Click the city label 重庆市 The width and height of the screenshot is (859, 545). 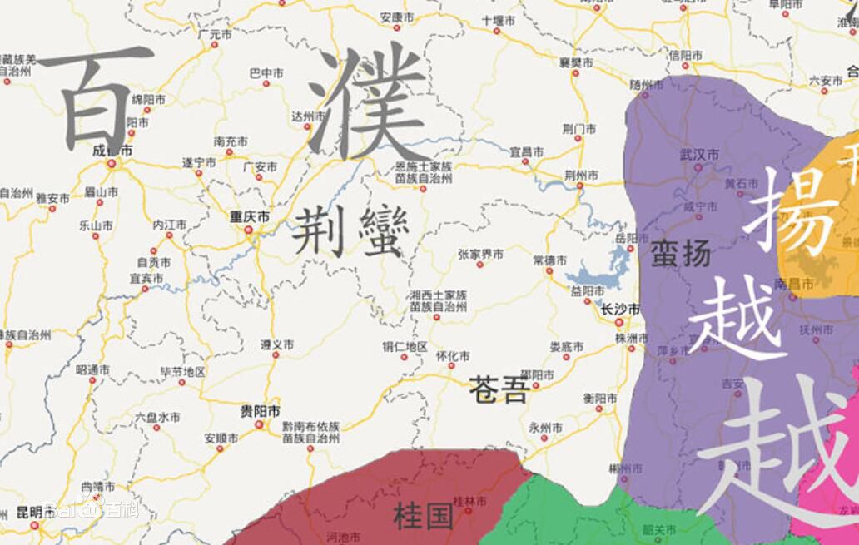click(x=250, y=216)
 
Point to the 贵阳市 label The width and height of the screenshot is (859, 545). click(x=261, y=411)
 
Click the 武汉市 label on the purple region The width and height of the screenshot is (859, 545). click(x=699, y=154)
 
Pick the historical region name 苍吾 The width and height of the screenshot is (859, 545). click(x=498, y=389)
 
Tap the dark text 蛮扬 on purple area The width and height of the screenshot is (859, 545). click(x=680, y=253)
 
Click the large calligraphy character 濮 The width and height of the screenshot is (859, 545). click(x=369, y=102)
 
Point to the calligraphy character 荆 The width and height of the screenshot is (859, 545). click(x=320, y=230)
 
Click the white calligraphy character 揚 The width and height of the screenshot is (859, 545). click(x=791, y=210)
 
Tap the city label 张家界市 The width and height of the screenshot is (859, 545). click(x=480, y=255)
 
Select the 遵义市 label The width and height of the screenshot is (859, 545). click(x=276, y=344)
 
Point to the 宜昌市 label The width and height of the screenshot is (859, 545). click(x=527, y=152)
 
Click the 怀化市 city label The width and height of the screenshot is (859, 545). click(x=453, y=356)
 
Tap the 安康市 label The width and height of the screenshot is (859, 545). click(x=396, y=17)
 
